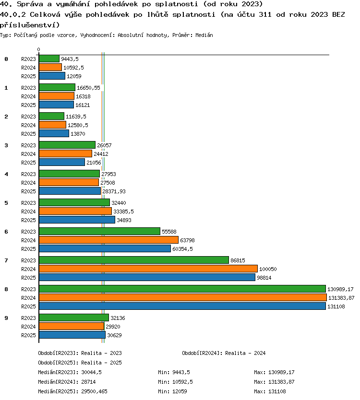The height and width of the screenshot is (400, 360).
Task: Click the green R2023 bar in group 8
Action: click(182, 289)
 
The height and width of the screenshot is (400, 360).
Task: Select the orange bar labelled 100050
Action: click(148, 269)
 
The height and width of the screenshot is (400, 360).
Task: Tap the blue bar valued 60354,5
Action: click(105, 248)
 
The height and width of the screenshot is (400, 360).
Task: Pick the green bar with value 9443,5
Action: click(49, 59)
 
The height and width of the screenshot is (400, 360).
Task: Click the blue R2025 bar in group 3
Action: click(62, 162)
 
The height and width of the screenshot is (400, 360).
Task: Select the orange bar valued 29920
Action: click(72, 326)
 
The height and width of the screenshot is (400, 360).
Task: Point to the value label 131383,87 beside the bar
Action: click(341, 298)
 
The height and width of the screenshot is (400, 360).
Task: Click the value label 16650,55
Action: click(88, 88)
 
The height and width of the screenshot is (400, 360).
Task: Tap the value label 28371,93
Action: click(114, 191)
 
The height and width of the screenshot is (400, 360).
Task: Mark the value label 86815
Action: click(238, 260)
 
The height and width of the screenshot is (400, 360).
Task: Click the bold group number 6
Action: click(6, 232)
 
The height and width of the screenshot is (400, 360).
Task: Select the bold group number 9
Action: click(6, 318)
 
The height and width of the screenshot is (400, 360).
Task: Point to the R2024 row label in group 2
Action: click(28, 125)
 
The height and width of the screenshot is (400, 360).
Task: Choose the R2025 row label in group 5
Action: click(28, 220)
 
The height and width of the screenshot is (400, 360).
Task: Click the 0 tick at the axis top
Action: click(38, 49)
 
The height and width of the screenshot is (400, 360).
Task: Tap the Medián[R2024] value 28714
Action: click(89, 382)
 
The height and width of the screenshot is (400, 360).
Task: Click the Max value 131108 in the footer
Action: click(277, 391)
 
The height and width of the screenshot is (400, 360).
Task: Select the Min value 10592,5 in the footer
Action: click(182, 382)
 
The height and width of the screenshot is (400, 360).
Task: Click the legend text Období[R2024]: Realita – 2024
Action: click(224, 353)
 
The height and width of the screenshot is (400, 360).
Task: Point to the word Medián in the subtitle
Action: click(204, 35)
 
